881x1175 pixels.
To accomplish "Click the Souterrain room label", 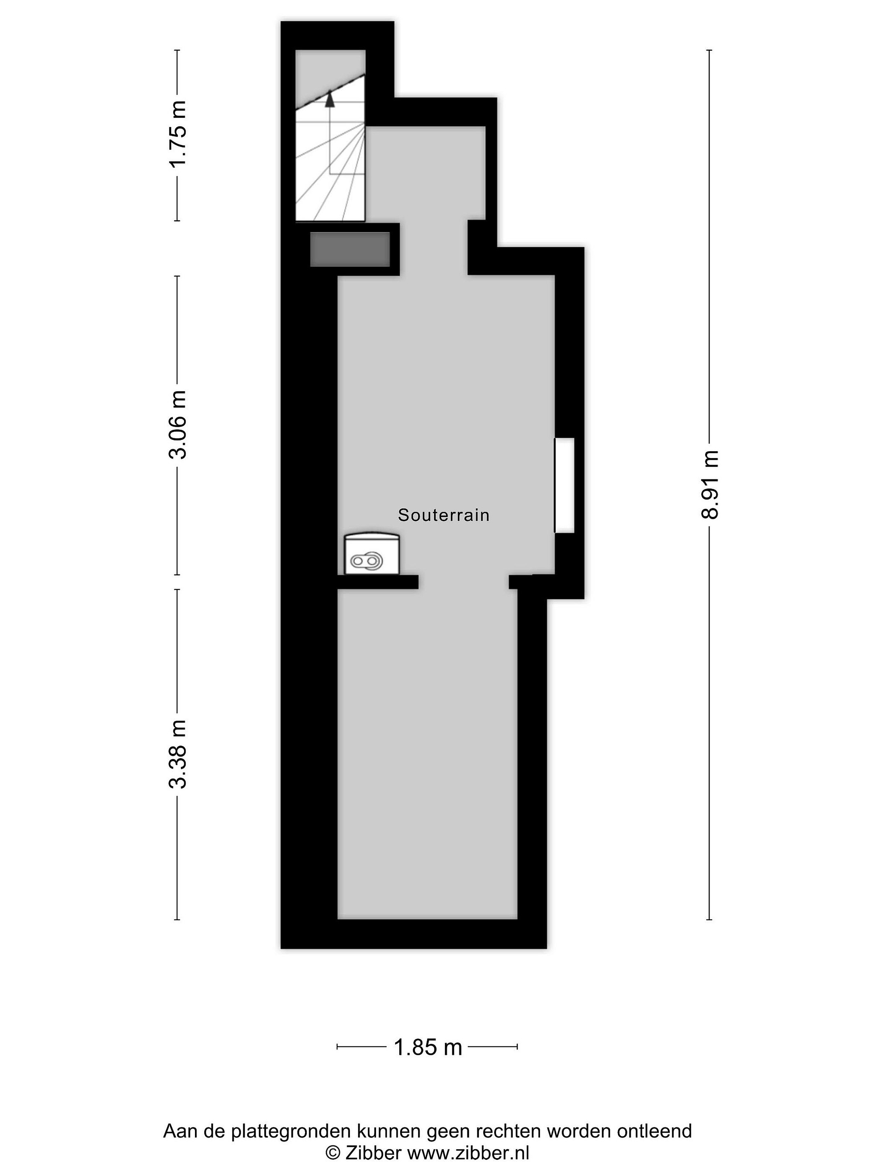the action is [443, 515].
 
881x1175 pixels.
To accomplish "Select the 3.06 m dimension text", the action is [178, 424].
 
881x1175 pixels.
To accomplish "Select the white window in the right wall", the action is [564, 485].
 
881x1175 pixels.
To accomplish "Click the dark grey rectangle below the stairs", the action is [350, 249].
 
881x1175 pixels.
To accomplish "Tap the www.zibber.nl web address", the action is [468, 1153].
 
